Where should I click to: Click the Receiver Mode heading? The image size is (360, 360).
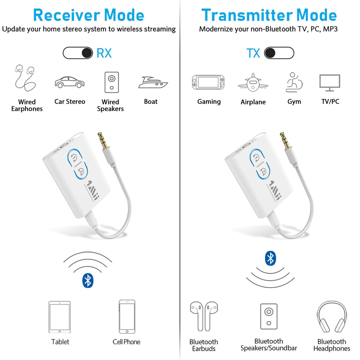pyautogui.click(x=89, y=15)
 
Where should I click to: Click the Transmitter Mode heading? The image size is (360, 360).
pyautogui.click(x=269, y=15)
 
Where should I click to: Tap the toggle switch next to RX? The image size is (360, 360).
pyautogui.click(x=78, y=53)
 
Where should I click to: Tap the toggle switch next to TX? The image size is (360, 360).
pyautogui.click(x=279, y=53)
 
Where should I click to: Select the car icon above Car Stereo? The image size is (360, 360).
pyautogui.click(x=69, y=82)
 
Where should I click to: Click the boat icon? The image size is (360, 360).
pyautogui.click(x=152, y=82)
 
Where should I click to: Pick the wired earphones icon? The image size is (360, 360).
pyautogui.click(x=24, y=78)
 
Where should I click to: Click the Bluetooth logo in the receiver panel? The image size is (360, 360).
pyautogui.click(x=88, y=280)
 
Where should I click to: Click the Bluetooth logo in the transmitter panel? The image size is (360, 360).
pyautogui.click(x=270, y=258)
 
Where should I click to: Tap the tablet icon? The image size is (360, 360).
pyautogui.click(x=60, y=316)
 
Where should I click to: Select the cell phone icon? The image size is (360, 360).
pyautogui.click(x=127, y=316)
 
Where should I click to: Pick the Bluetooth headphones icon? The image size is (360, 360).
pyautogui.click(x=332, y=317)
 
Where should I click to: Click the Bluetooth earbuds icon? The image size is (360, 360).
pyautogui.click(x=204, y=316)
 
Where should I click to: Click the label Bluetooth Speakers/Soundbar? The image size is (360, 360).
pyautogui.click(x=269, y=344)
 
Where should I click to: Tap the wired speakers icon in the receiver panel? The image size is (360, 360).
pyautogui.click(x=111, y=82)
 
